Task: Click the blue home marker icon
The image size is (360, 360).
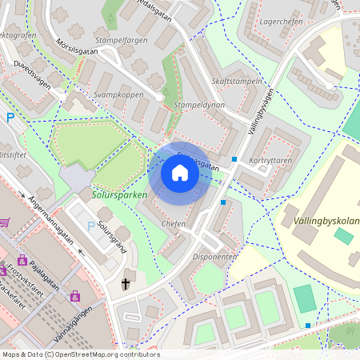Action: [x=179, y=173]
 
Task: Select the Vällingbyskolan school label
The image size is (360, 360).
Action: [x=321, y=220]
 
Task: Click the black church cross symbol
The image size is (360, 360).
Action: [x=126, y=283]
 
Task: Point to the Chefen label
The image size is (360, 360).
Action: [x=174, y=224]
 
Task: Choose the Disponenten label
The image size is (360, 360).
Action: [x=214, y=257]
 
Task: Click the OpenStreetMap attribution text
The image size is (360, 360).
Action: [x=80, y=354]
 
